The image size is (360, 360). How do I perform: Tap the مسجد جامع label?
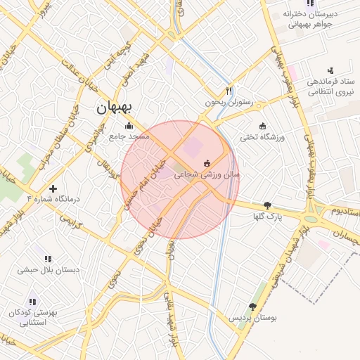click(129, 136)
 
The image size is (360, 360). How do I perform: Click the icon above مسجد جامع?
click(129, 127)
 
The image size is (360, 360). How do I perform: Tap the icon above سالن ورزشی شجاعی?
click(207, 163)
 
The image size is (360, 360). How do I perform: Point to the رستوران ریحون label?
click(228, 101)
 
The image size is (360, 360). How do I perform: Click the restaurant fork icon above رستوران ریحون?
click(229, 91)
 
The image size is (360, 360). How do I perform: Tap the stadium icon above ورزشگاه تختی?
click(263, 127)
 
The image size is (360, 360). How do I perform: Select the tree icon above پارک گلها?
click(267, 206)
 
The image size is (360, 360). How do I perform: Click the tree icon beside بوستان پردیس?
click(252, 307)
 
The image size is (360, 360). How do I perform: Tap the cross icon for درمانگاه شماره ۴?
click(53, 188)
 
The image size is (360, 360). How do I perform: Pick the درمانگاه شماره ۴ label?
click(53, 199)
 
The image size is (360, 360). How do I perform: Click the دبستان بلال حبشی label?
click(48, 269)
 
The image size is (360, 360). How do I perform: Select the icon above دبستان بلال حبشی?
click(48, 259)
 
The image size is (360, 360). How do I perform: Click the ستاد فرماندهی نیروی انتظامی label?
click(330, 86)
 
